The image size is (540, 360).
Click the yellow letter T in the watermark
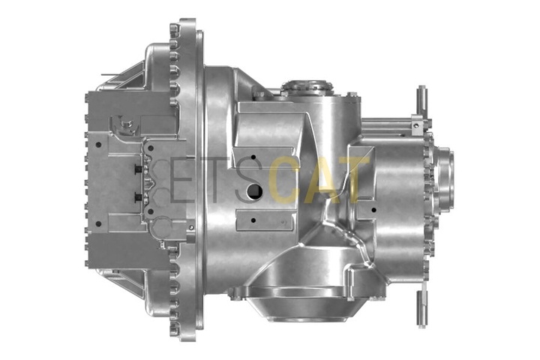click(352, 180)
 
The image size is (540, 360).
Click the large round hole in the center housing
click(254, 190)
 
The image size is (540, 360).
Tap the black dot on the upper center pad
click(253, 157)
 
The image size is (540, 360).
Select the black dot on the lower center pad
click(253, 220)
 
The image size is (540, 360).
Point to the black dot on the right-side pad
click(373, 209)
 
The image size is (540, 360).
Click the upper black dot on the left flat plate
click(98, 145)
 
